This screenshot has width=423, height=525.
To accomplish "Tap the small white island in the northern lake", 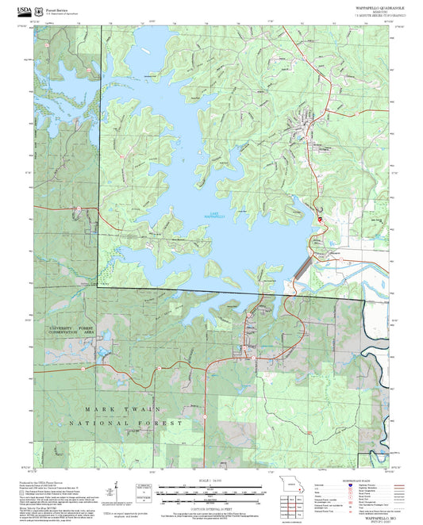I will pyautogui.click(x=144, y=53).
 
